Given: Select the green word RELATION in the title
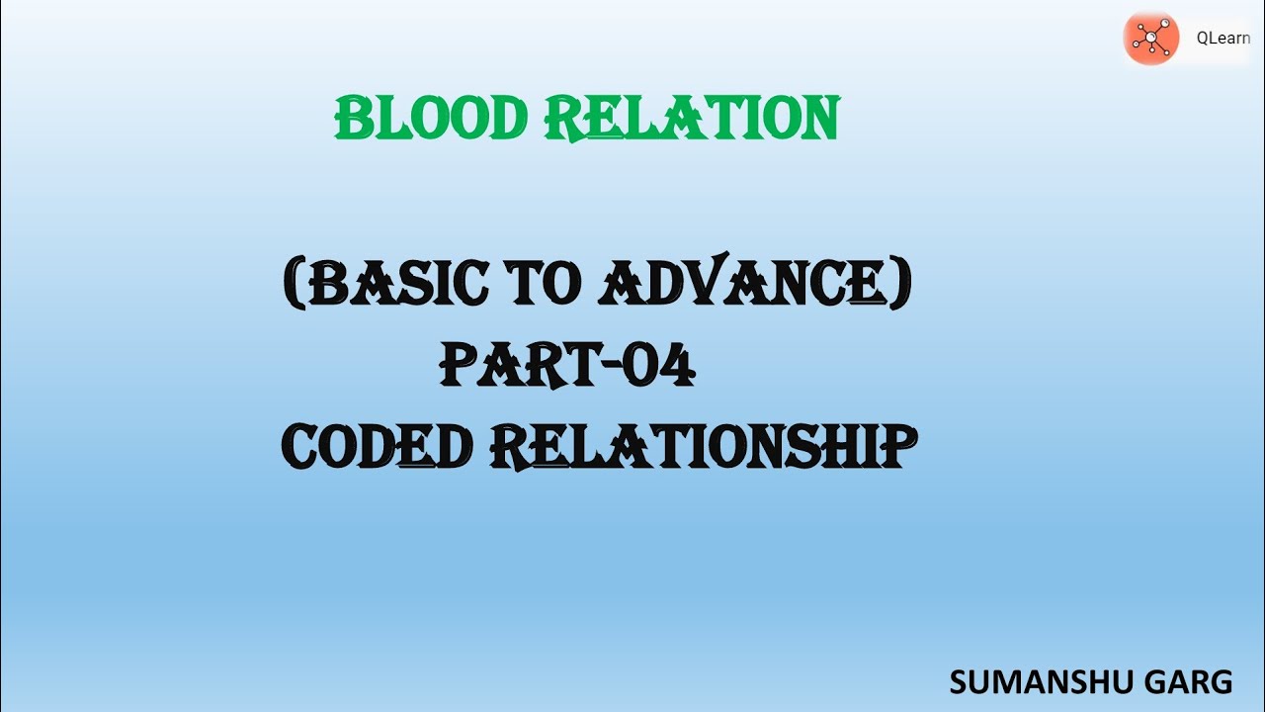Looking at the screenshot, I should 691,119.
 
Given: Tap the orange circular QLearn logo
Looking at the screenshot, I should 1151,40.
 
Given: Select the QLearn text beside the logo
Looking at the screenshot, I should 1223,40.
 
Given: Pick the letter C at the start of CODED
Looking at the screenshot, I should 302,447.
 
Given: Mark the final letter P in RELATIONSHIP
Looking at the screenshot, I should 888,446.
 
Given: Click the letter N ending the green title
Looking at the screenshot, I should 819,119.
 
